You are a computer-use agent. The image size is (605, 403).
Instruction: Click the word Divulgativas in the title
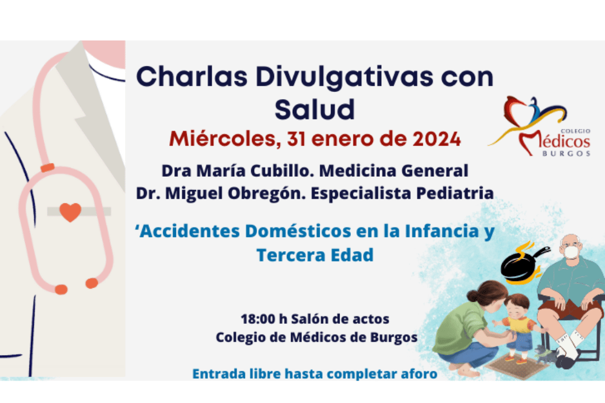pos(345,77)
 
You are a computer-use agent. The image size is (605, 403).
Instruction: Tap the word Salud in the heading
pos(315,110)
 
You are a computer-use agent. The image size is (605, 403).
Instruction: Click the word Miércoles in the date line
pos(225,139)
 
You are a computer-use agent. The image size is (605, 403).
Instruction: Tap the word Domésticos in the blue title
pos(298,231)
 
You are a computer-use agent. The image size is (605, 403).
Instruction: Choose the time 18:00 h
pos(264,319)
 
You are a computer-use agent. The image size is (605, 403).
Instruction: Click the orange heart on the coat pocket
pos(70,212)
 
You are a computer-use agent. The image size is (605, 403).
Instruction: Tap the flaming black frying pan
pos(523,263)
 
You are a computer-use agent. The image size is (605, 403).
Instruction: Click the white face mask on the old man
pos(571,252)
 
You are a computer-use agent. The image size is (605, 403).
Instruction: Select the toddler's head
pos(516,306)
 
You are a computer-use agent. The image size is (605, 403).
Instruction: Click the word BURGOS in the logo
pos(566,153)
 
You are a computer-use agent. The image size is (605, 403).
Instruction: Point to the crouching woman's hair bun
pos(473,296)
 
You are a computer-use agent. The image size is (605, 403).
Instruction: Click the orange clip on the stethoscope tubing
pos(47,168)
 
